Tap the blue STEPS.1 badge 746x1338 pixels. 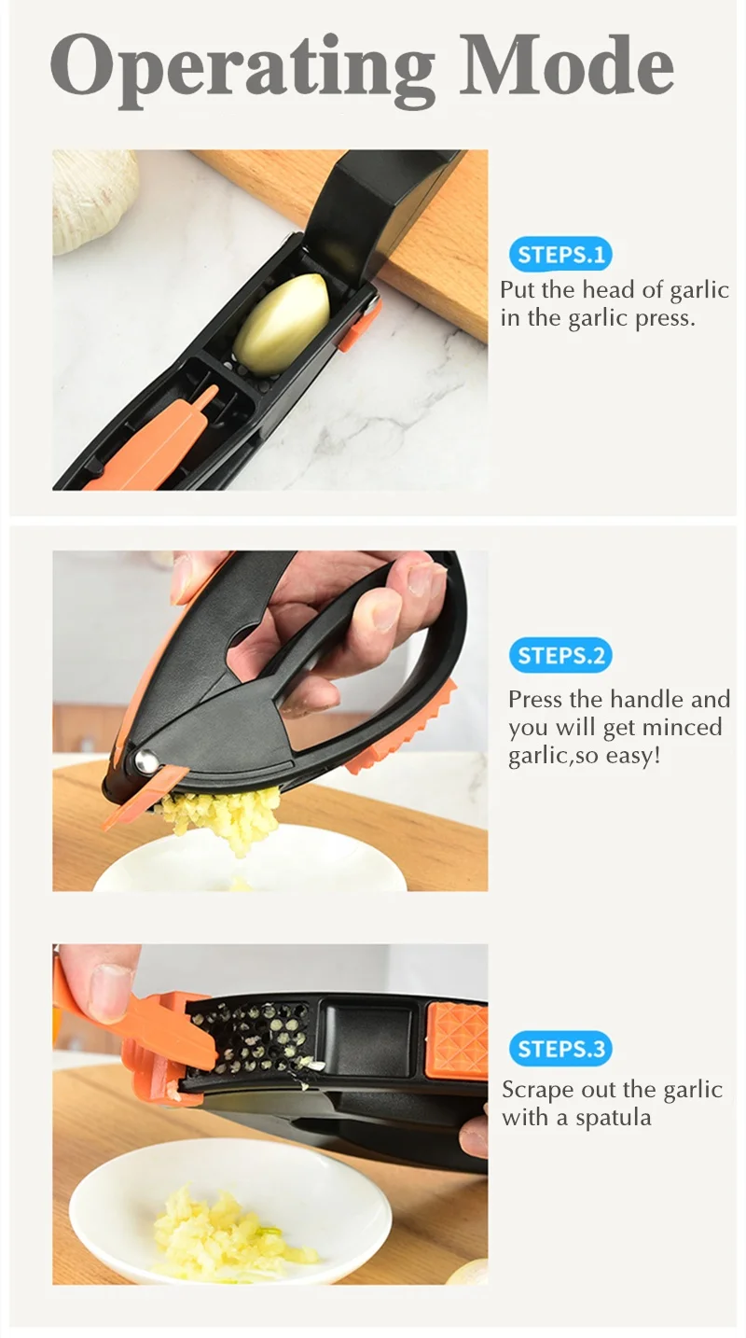click(x=560, y=255)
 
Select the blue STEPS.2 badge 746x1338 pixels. click(x=560, y=656)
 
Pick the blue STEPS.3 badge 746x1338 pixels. click(x=560, y=1049)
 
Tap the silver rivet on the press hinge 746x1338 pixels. click(x=145, y=761)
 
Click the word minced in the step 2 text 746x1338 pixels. click(x=680, y=727)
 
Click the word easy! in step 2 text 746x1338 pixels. click(x=633, y=755)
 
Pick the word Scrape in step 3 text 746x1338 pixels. click(x=537, y=1090)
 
